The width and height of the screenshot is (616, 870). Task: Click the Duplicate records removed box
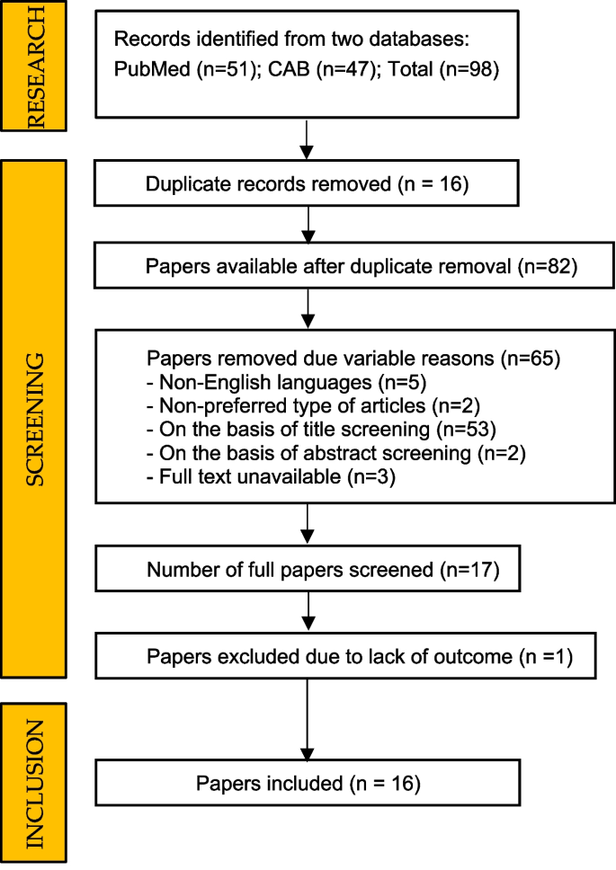(x=308, y=185)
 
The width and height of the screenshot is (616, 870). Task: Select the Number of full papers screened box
(x=308, y=570)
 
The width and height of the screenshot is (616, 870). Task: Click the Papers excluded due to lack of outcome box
(x=334, y=657)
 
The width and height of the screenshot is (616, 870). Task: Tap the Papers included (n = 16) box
(x=308, y=783)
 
